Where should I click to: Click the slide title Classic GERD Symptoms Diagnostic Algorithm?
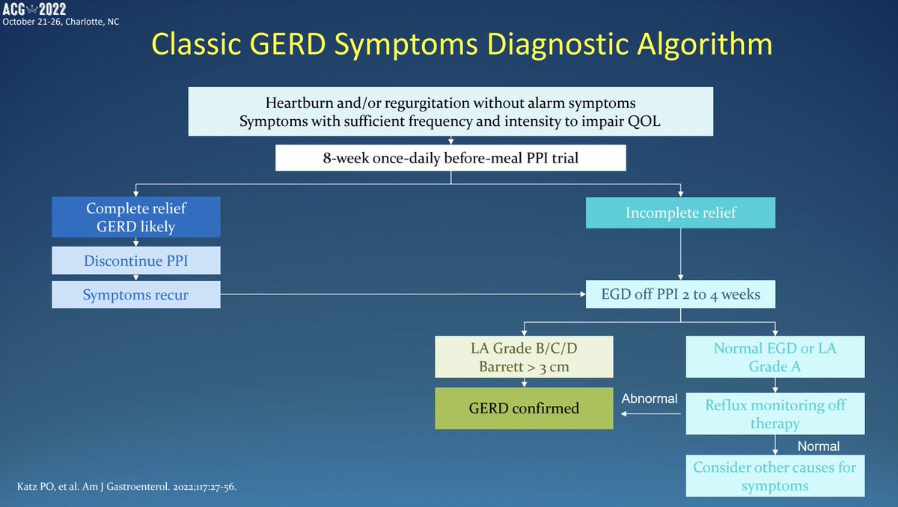click(462, 45)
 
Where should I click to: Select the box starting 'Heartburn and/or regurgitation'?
click(450, 112)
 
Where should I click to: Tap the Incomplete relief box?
click(680, 213)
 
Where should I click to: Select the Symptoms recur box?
click(135, 294)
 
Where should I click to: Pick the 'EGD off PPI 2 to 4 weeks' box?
click(680, 294)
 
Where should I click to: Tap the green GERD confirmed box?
click(523, 409)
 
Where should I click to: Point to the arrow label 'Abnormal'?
click(650, 399)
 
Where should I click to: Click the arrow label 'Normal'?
click(819, 446)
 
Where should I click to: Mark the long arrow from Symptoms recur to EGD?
click(404, 294)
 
